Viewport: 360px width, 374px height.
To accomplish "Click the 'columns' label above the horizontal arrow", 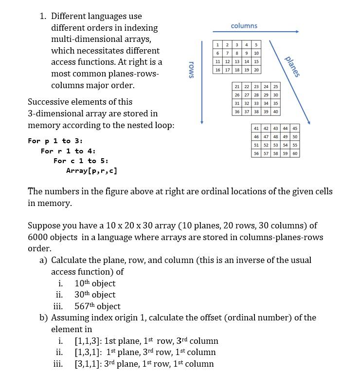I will pos(244,25).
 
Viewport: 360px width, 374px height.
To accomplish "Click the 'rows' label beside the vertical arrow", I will pos(191,70).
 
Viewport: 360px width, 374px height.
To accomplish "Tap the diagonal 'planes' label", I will pos(292,67).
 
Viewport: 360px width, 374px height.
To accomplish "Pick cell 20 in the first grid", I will pos(255,70).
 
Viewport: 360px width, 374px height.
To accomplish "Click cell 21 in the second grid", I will pos(237,87).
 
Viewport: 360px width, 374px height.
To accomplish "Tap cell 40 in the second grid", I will pos(275,112).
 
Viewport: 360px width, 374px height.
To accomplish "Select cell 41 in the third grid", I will pos(256,129).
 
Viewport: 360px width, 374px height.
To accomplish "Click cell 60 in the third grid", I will pos(294,153).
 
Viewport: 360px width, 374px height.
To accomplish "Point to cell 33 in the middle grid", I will pos(256,103).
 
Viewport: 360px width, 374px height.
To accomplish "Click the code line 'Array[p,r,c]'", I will pos(91,170).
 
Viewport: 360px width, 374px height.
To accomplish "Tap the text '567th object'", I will pos(97,306).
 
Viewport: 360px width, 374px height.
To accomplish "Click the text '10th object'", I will pos(95,283).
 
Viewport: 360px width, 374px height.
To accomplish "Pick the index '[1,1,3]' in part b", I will pos(88,341).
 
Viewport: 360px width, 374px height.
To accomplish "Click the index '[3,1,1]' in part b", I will pos(88,364).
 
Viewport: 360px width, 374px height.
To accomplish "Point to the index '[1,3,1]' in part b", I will pos(88,352).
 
